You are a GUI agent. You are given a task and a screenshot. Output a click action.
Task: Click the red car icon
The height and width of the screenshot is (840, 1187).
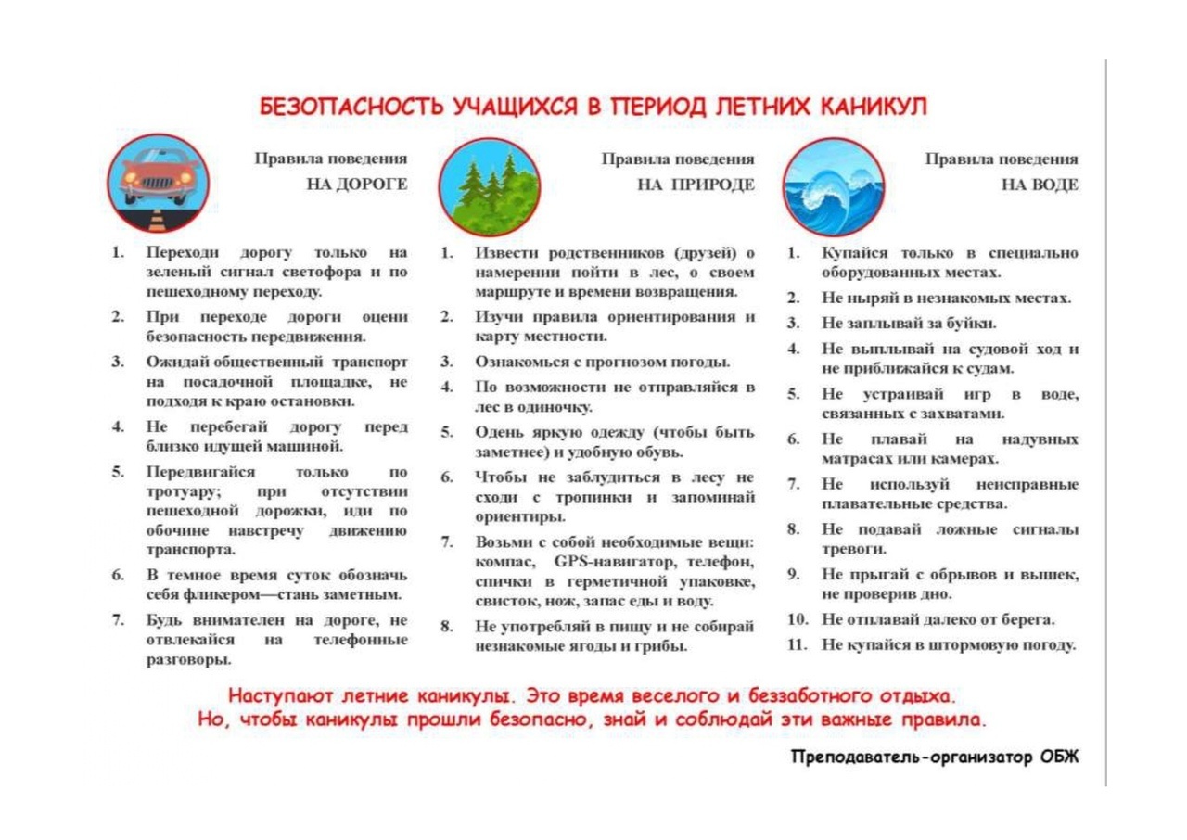pyautogui.click(x=158, y=182)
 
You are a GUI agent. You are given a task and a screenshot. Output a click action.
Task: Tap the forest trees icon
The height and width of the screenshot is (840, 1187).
pyautogui.click(x=488, y=186)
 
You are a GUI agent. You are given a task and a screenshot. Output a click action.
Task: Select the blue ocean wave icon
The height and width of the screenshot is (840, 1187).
pyautogui.click(x=833, y=186)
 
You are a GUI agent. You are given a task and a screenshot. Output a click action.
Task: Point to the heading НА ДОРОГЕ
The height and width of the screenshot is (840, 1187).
pyautogui.click(x=357, y=185)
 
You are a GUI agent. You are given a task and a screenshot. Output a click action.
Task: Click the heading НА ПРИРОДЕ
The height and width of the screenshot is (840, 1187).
pyautogui.click(x=696, y=185)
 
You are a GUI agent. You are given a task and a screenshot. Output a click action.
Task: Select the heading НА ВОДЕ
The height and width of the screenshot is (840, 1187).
pyautogui.click(x=1040, y=185)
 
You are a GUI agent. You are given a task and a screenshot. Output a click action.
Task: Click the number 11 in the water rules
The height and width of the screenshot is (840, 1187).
pyautogui.click(x=797, y=644)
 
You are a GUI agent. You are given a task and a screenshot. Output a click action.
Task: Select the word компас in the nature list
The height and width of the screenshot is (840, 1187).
pyautogui.click(x=504, y=562)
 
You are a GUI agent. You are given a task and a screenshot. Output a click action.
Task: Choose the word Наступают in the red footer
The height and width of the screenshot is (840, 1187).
pyautogui.click(x=275, y=695)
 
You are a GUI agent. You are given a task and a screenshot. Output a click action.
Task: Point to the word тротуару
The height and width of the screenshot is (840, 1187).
pyautogui.click(x=183, y=490)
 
